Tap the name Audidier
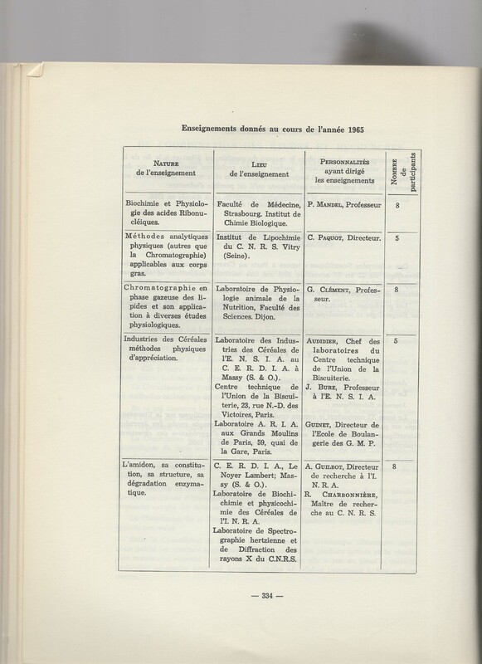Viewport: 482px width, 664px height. (x=331, y=340)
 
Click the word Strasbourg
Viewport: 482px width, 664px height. (x=241, y=212)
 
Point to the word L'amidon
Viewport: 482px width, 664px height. (x=145, y=468)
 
